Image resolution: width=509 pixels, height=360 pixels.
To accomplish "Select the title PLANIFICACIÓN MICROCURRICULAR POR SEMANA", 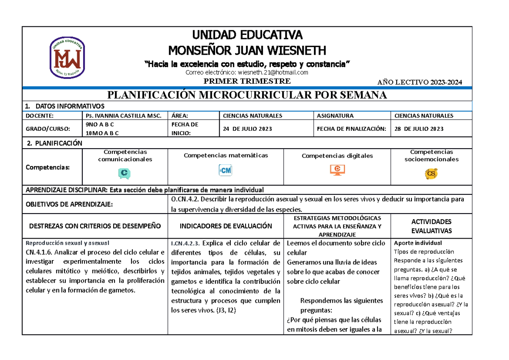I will [247, 95].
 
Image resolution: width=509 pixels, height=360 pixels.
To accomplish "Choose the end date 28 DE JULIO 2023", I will [419, 129].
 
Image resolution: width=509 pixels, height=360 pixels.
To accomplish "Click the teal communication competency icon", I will [124, 173].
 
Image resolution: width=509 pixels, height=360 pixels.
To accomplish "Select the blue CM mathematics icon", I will [226, 170].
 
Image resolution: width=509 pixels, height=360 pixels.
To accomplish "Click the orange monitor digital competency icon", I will [337, 170].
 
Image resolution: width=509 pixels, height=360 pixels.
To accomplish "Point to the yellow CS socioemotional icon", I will [431, 174].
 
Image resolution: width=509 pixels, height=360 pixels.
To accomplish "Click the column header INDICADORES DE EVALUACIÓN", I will [226, 226].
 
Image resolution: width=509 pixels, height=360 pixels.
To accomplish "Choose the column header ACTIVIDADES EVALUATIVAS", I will [431, 226].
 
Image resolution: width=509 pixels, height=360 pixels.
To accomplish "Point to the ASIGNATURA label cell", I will [335, 115].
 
